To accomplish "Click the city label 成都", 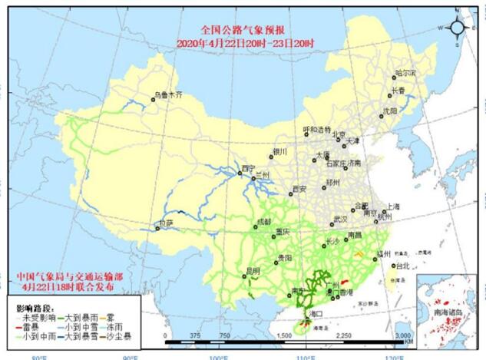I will tap(263, 221).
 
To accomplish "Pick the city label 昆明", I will tap(253, 270).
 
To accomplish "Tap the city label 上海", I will tap(393, 206).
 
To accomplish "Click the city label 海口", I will tap(315, 314).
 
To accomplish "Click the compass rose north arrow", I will tap(458, 28).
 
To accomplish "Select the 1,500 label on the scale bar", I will tap(283, 336).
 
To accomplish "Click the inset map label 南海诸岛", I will tap(448, 313).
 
